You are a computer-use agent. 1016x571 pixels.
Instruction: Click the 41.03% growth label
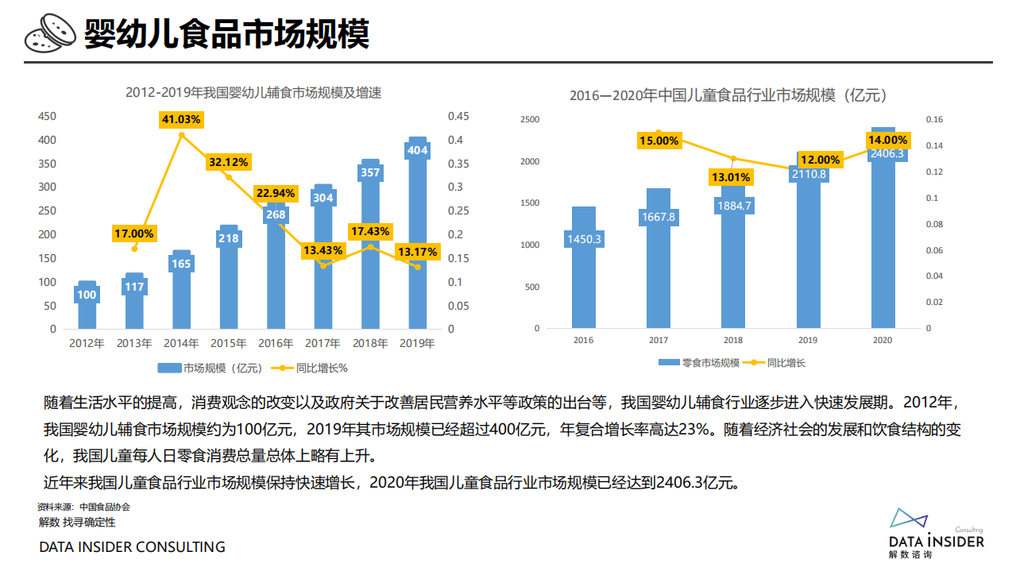[181, 119]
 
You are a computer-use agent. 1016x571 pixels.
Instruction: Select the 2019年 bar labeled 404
[417, 238]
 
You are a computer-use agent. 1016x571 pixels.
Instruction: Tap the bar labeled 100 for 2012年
[87, 306]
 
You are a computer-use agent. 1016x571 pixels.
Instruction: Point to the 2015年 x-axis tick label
[229, 344]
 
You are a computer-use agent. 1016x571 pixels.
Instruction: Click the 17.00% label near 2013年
[133, 233]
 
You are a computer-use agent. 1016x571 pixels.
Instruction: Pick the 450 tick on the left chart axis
[48, 117]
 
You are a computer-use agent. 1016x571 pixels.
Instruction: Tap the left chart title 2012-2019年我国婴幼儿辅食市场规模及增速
[253, 93]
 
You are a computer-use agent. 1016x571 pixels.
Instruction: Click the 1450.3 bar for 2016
[583, 270]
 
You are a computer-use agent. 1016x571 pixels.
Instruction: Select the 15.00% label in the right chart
[659, 141]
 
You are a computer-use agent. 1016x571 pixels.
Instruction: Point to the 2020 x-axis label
[883, 340]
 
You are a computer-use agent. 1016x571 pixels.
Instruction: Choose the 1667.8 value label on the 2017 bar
[659, 217]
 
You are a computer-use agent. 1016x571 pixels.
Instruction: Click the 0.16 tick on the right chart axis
[933, 120]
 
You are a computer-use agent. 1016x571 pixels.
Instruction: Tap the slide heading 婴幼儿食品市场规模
[226, 34]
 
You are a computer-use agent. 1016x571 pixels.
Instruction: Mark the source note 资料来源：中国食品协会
[83, 507]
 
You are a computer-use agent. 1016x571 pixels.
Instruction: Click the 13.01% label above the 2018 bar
[733, 177]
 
